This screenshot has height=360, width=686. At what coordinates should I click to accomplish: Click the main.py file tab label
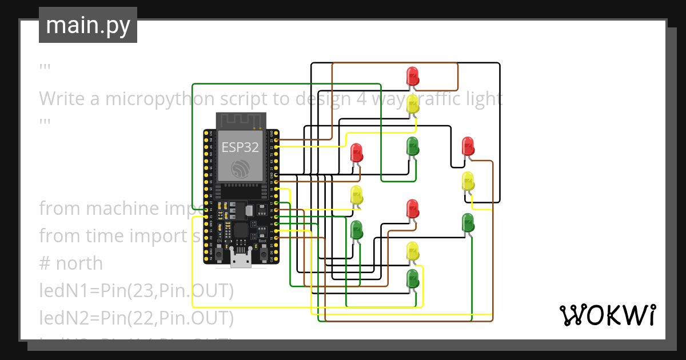[88, 25]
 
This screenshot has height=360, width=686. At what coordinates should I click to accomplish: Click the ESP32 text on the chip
[240, 147]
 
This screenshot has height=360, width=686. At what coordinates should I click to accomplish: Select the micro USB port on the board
[240, 258]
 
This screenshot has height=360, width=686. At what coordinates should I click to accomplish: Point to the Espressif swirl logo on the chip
[240, 168]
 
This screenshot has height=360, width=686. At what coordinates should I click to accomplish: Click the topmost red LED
[412, 76]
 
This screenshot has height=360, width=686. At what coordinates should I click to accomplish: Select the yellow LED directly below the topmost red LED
[412, 104]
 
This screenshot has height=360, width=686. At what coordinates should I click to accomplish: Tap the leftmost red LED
[356, 153]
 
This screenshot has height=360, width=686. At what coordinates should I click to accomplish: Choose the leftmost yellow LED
[356, 195]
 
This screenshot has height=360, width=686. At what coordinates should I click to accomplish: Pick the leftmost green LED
[356, 230]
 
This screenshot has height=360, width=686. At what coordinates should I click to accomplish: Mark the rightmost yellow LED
[468, 181]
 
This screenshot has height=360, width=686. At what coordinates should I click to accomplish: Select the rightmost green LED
[468, 223]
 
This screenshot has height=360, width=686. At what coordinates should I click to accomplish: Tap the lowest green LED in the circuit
[412, 279]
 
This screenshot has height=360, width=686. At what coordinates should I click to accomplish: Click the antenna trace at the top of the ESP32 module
[240, 121]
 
